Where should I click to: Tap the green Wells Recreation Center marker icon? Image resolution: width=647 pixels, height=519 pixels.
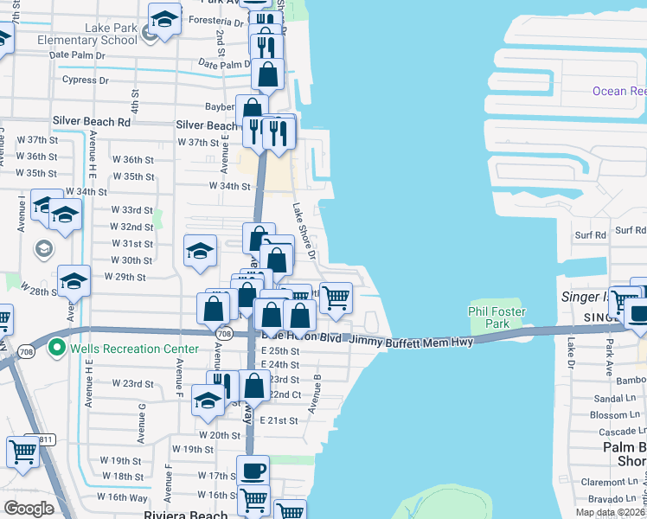58,349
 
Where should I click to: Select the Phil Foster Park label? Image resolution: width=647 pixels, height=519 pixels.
497,317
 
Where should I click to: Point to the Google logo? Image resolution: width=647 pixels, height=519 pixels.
28,509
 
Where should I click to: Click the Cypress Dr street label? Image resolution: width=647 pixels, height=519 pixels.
86,80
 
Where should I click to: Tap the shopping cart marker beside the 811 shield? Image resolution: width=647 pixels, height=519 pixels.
22,451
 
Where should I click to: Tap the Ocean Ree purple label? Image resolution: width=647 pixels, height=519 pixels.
618,91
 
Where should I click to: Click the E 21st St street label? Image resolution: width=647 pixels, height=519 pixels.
279,420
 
